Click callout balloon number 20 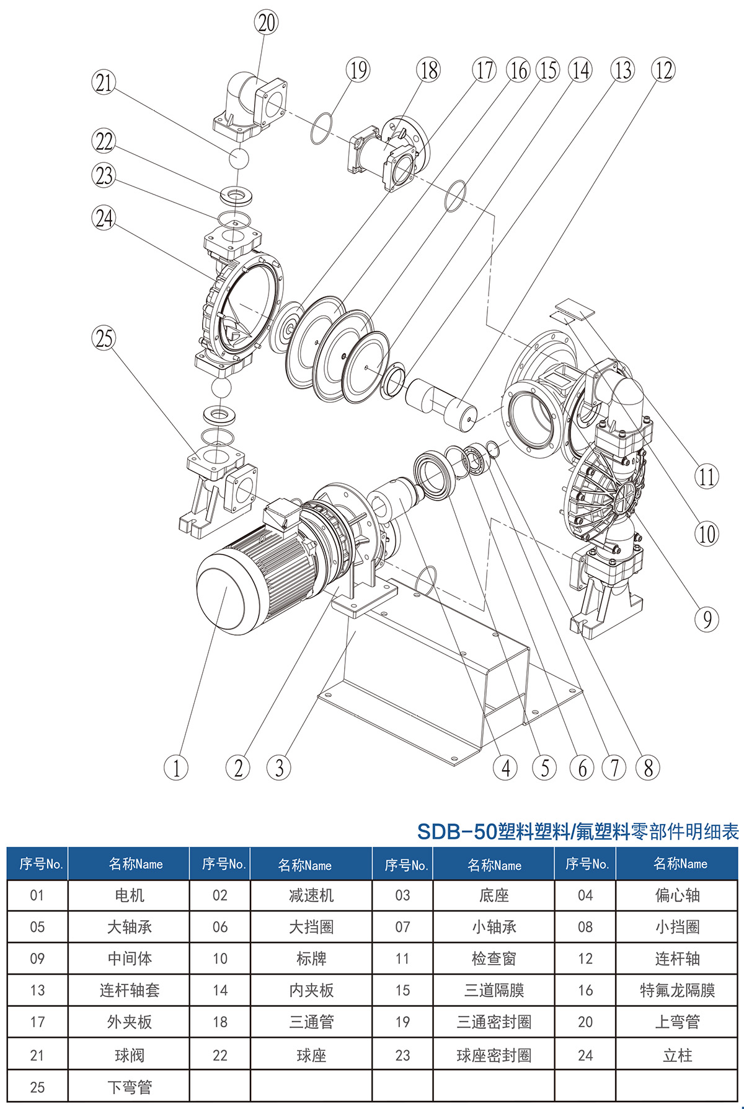tap(267, 23)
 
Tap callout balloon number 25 tap(104, 338)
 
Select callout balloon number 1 tap(176, 768)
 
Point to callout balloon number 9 tap(707, 619)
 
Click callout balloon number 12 tap(663, 70)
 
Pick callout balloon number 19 tap(358, 70)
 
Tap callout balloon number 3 tap(279, 768)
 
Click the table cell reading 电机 tap(129, 895)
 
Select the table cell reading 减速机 tap(311, 895)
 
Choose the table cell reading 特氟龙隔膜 tap(677, 990)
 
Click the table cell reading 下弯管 tap(129, 1087)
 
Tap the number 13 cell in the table tap(37, 990)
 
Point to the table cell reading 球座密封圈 tap(494, 1055)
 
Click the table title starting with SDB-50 tap(578, 831)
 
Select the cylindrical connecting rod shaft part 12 tap(441, 403)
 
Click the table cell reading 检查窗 tap(494, 958)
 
